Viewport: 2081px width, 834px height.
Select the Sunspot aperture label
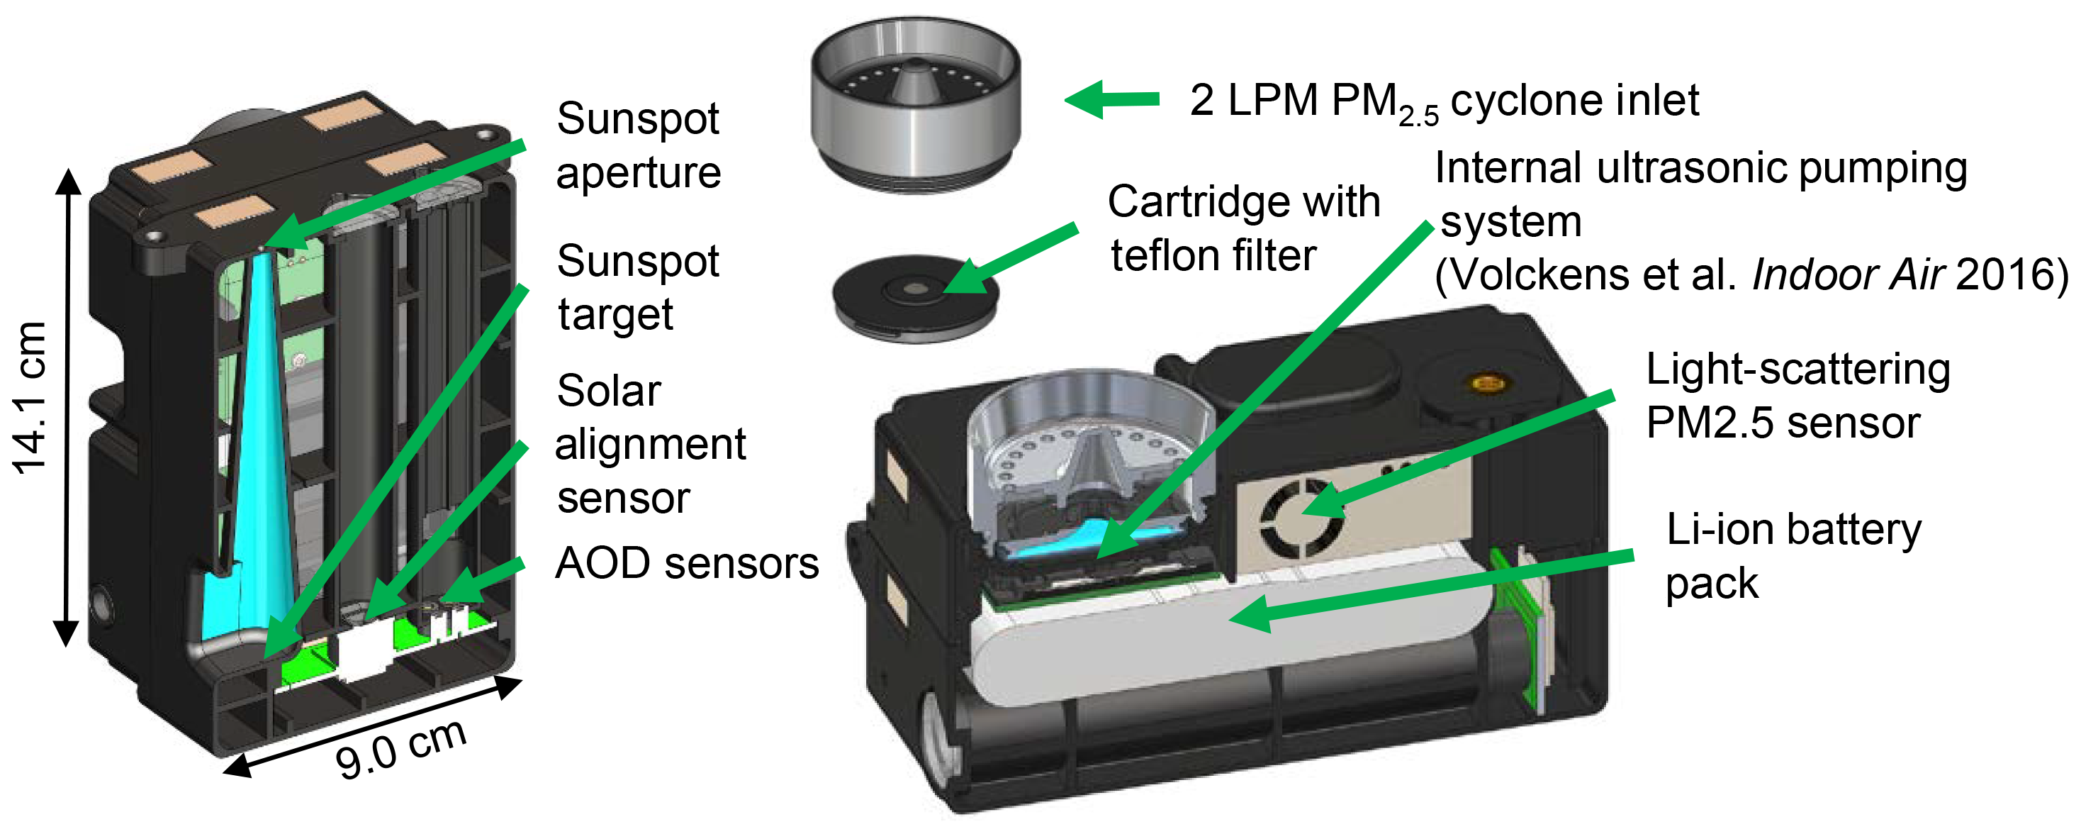click(x=638, y=145)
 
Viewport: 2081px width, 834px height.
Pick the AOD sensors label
click(x=687, y=563)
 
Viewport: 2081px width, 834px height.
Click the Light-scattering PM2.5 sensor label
click(x=1797, y=396)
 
